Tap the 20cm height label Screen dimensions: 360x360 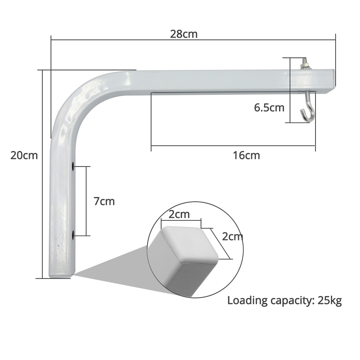click(24, 156)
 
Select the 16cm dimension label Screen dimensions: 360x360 click(246, 156)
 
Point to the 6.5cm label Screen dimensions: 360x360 click(269, 107)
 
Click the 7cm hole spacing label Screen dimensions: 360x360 click(104, 201)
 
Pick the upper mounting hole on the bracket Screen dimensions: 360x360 click(73, 166)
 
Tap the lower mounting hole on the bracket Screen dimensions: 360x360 click(73, 236)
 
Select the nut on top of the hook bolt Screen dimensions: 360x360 click(305, 66)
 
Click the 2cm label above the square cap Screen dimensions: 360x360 click(179, 215)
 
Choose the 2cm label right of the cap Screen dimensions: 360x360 click(232, 237)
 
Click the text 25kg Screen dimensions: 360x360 click(329, 300)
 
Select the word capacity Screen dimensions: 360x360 click(292, 301)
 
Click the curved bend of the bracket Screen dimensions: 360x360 click(77, 97)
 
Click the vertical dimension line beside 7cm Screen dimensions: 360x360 click(86, 201)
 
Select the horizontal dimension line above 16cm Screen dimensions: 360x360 click(233, 146)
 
